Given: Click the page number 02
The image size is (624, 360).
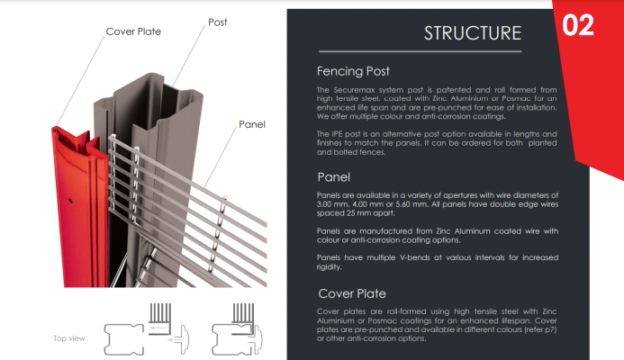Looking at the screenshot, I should [577, 25].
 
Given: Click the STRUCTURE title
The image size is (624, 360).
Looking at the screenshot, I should [472, 33].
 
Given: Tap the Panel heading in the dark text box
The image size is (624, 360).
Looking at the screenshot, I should [333, 176].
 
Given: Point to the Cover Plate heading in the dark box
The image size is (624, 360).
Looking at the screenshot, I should [352, 292].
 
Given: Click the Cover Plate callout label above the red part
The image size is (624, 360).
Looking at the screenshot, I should [133, 31].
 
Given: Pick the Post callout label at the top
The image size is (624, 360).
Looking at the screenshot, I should [218, 21].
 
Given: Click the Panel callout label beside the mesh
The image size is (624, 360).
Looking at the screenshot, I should [251, 123].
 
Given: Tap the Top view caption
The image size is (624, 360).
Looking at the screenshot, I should [70, 338].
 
